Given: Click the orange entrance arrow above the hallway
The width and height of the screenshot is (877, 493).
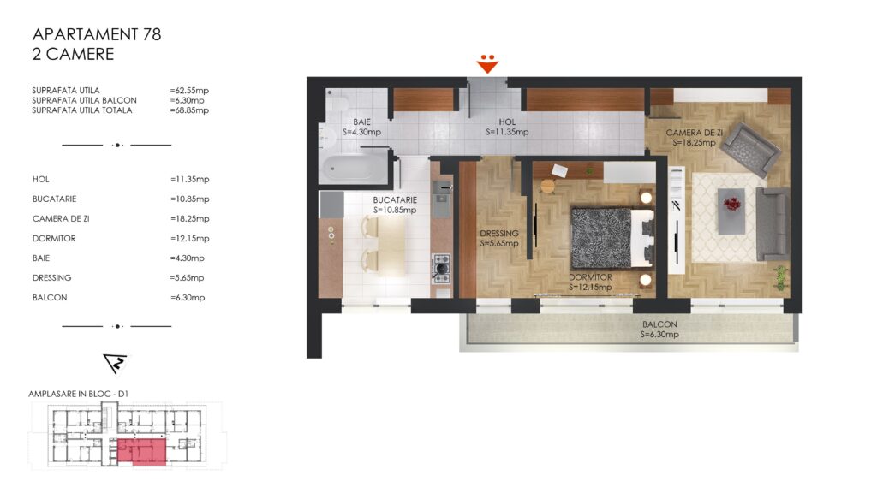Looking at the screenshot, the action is pos(487,63).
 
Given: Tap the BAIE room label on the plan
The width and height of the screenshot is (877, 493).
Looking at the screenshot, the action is pos(362,122).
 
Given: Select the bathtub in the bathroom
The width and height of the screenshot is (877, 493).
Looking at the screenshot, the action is pos(354,168).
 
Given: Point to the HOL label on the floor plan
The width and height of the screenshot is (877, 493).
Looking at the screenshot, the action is pos(507,122).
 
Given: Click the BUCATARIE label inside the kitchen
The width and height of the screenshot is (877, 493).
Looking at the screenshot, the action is pos(395,200).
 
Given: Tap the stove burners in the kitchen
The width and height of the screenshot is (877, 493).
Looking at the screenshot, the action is pos(441,267).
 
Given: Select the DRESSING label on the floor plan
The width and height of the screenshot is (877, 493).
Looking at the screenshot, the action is pos(499,234).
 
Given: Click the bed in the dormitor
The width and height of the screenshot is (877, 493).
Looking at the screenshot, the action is pos(612,237).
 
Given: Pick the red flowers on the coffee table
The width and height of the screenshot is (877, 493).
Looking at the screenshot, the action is pos(731,205).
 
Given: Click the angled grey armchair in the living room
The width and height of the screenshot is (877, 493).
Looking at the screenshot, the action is pos(750,147).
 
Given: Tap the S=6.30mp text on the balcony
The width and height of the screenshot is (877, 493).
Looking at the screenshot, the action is pos(659,335).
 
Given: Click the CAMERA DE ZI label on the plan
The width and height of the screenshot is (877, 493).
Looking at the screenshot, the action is pos(694,133).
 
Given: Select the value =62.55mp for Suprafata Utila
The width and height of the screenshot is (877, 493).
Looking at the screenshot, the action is pos(189,91).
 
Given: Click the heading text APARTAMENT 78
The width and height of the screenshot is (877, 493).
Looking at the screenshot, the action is pos(97,34).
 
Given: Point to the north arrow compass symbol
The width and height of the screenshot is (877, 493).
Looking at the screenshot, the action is pos(116,363).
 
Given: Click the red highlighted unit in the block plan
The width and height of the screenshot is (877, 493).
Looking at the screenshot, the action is pos(141,452).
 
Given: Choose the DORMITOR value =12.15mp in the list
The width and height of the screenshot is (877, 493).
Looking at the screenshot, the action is pos(189,239).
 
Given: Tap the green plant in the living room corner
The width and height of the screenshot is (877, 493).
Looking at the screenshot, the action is pos(780,278).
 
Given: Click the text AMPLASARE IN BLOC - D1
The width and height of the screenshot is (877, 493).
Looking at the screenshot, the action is pos(78,394).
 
